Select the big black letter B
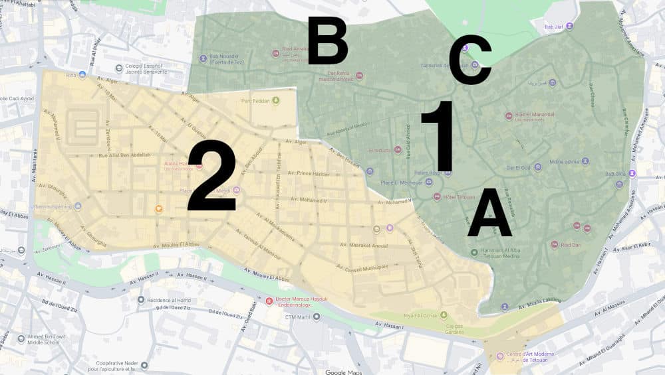328,41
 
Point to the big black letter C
470,61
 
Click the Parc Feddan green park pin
275,101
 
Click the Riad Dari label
571,245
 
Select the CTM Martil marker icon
317,317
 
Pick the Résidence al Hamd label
170,299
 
